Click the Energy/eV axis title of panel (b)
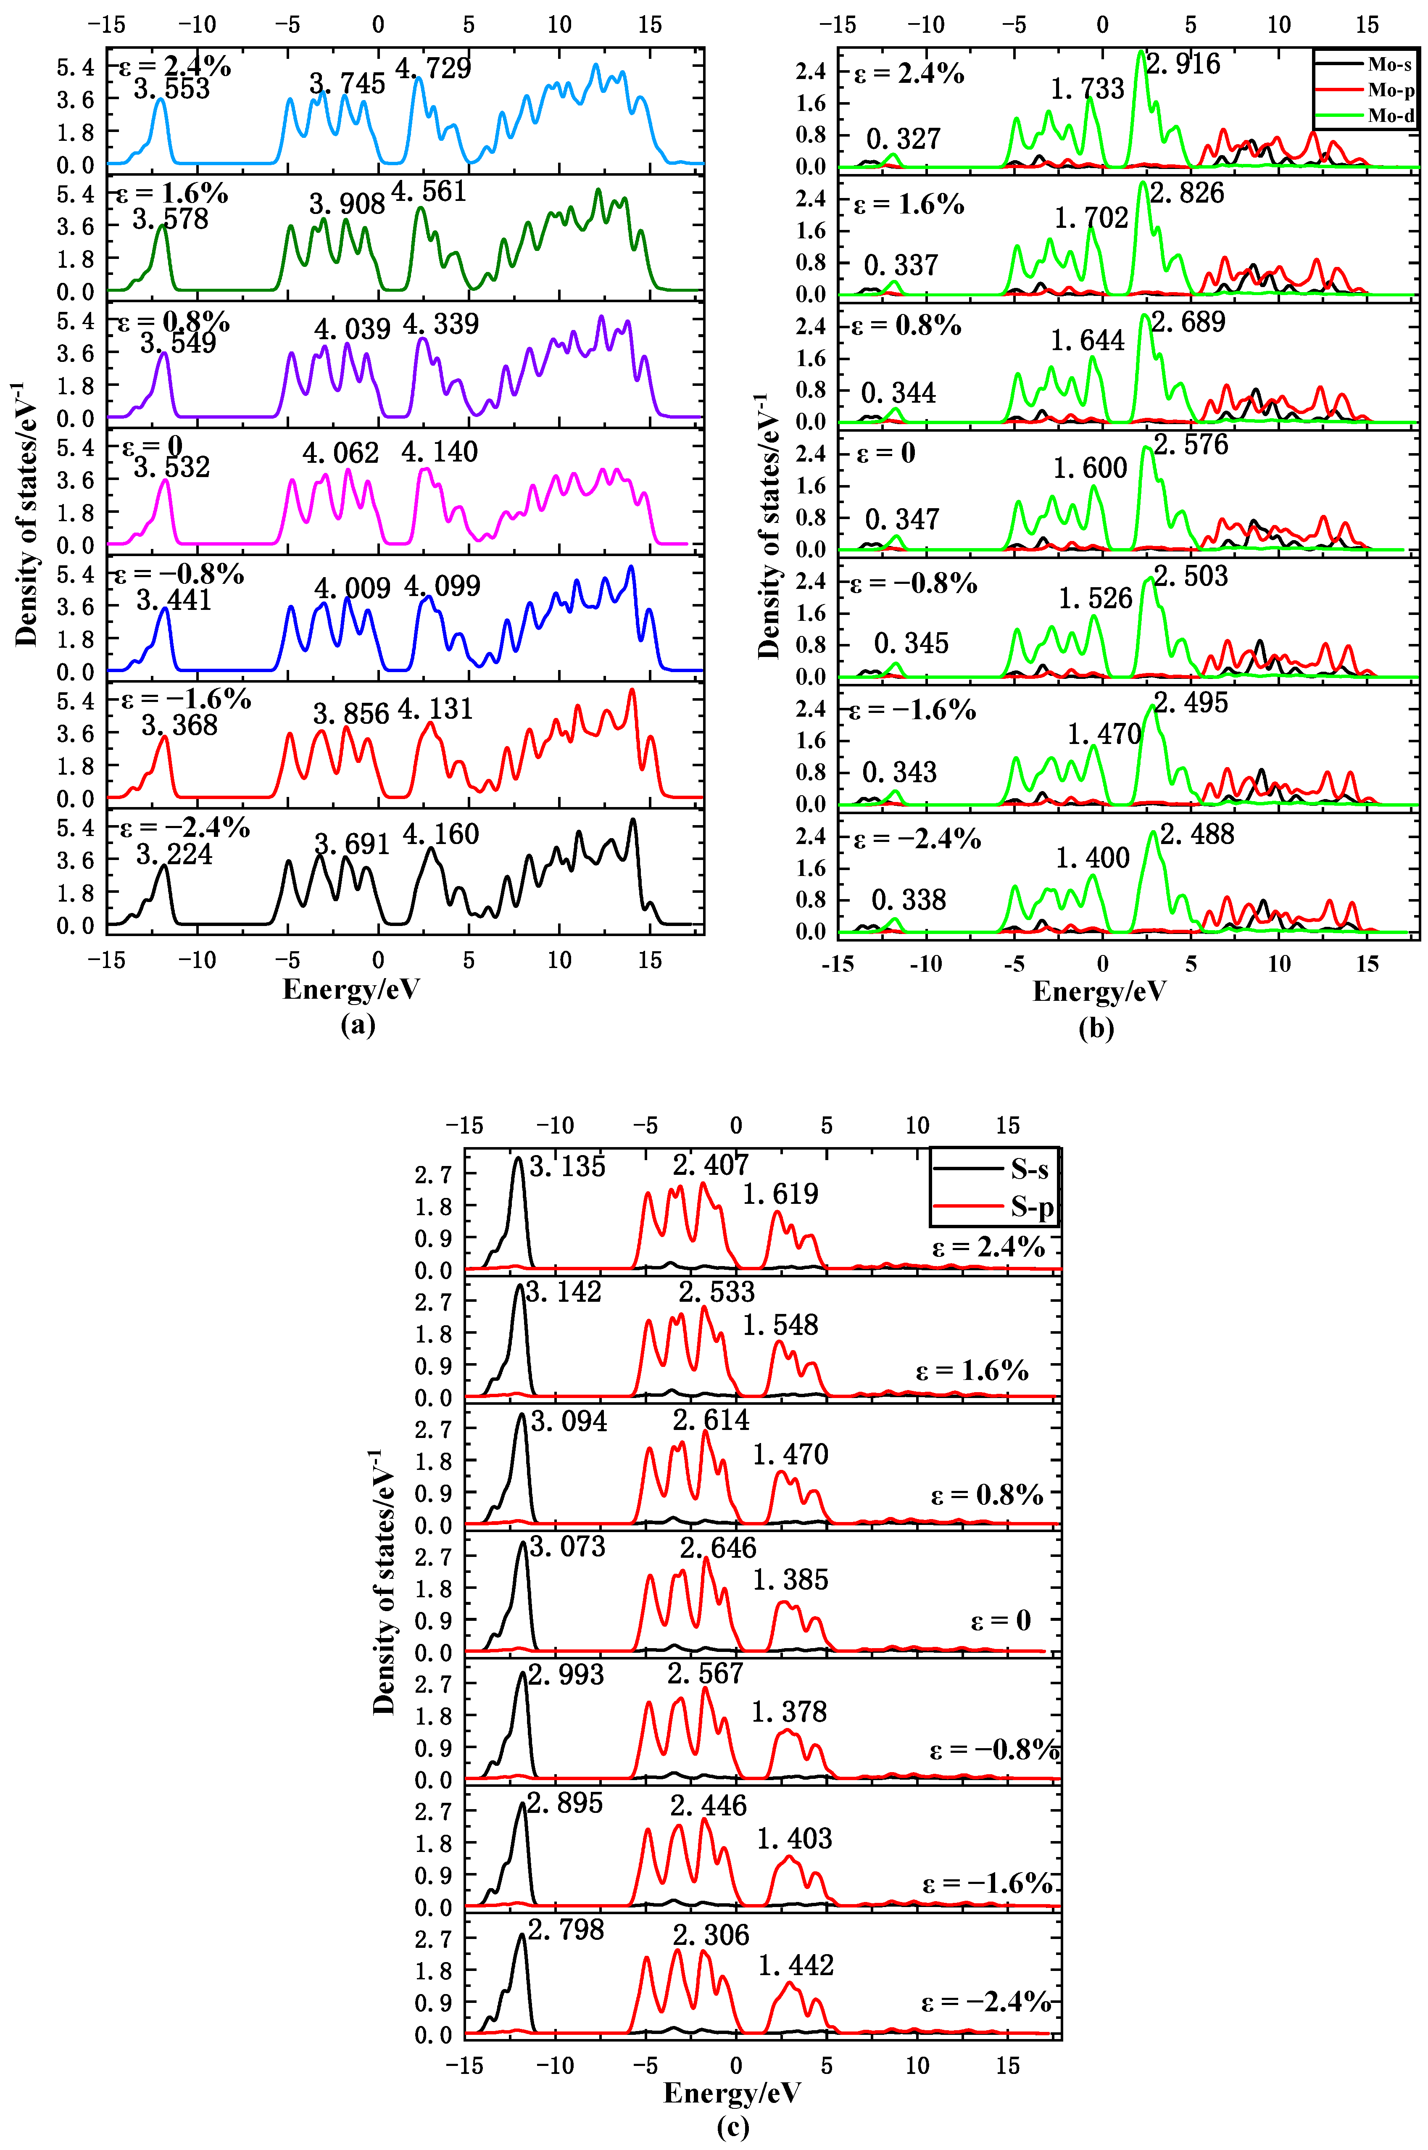(1099, 992)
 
